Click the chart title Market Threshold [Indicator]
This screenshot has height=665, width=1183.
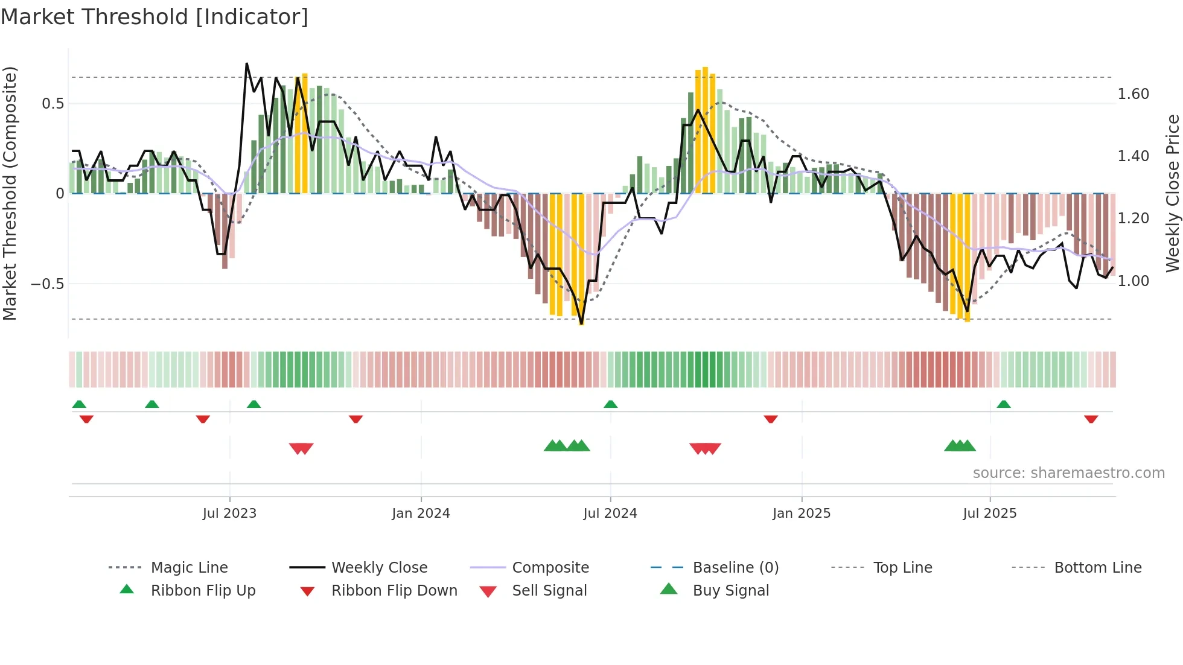(x=155, y=17)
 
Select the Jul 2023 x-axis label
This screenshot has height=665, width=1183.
(x=229, y=514)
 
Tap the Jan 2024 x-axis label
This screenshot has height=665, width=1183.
(x=421, y=514)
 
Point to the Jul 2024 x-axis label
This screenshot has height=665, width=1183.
(x=610, y=514)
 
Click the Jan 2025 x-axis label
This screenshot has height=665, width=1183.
(x=802, y=514)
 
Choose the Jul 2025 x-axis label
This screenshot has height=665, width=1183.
(x=990, y=514)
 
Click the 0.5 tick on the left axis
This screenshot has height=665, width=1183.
(x=53, y=104)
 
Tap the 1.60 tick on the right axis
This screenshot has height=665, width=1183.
(x=1133, y=94)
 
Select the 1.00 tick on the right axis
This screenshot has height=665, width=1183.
(x=1133, y=281)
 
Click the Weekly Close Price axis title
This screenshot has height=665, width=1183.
(x=1172, y=193)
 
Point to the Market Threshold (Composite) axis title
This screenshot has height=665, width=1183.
(x=10, y=193)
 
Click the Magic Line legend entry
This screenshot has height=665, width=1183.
(x=189, y=568)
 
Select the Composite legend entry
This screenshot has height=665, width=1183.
(x=550, y=568)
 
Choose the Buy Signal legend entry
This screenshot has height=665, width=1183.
(x=730, y=591)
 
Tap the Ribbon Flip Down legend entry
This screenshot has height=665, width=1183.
(x=394, y=591)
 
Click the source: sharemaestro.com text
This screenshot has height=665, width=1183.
(x=1068, y=473)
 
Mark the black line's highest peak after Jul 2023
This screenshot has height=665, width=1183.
(x=247, y=63)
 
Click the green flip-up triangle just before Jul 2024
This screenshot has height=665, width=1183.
(x=610, y=404)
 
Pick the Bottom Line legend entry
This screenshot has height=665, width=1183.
(x=1097, y=568)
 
